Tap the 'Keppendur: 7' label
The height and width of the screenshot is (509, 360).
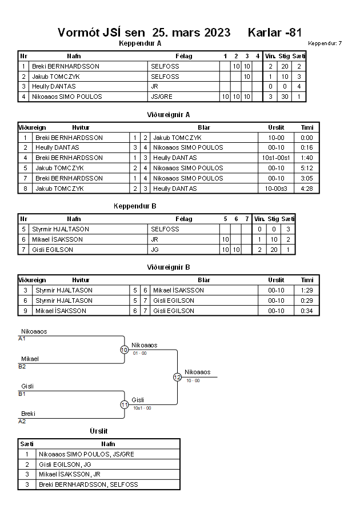325,43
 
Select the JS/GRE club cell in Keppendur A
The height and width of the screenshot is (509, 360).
162,97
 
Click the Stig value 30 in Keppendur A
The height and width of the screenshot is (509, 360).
285,97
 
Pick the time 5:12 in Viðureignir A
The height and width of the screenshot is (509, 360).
307,168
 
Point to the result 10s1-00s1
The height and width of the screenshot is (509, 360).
276,158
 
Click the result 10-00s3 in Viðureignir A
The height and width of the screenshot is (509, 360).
276,189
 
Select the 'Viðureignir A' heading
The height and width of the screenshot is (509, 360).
168,115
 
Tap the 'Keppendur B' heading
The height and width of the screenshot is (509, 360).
135,206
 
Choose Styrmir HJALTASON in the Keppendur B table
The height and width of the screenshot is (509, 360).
61,229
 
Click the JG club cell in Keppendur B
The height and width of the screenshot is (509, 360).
155,250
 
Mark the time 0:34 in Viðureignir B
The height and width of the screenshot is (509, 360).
307,311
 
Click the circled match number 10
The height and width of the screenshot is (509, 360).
125,350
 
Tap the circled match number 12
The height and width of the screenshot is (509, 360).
177,377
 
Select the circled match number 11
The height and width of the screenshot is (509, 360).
125,405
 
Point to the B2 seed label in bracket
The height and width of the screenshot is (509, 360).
22,367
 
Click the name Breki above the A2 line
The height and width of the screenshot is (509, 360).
28,414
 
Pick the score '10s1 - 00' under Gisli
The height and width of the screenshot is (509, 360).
142,408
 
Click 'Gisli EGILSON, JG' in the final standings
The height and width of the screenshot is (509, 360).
65,464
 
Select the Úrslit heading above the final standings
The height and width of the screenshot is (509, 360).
99,431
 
